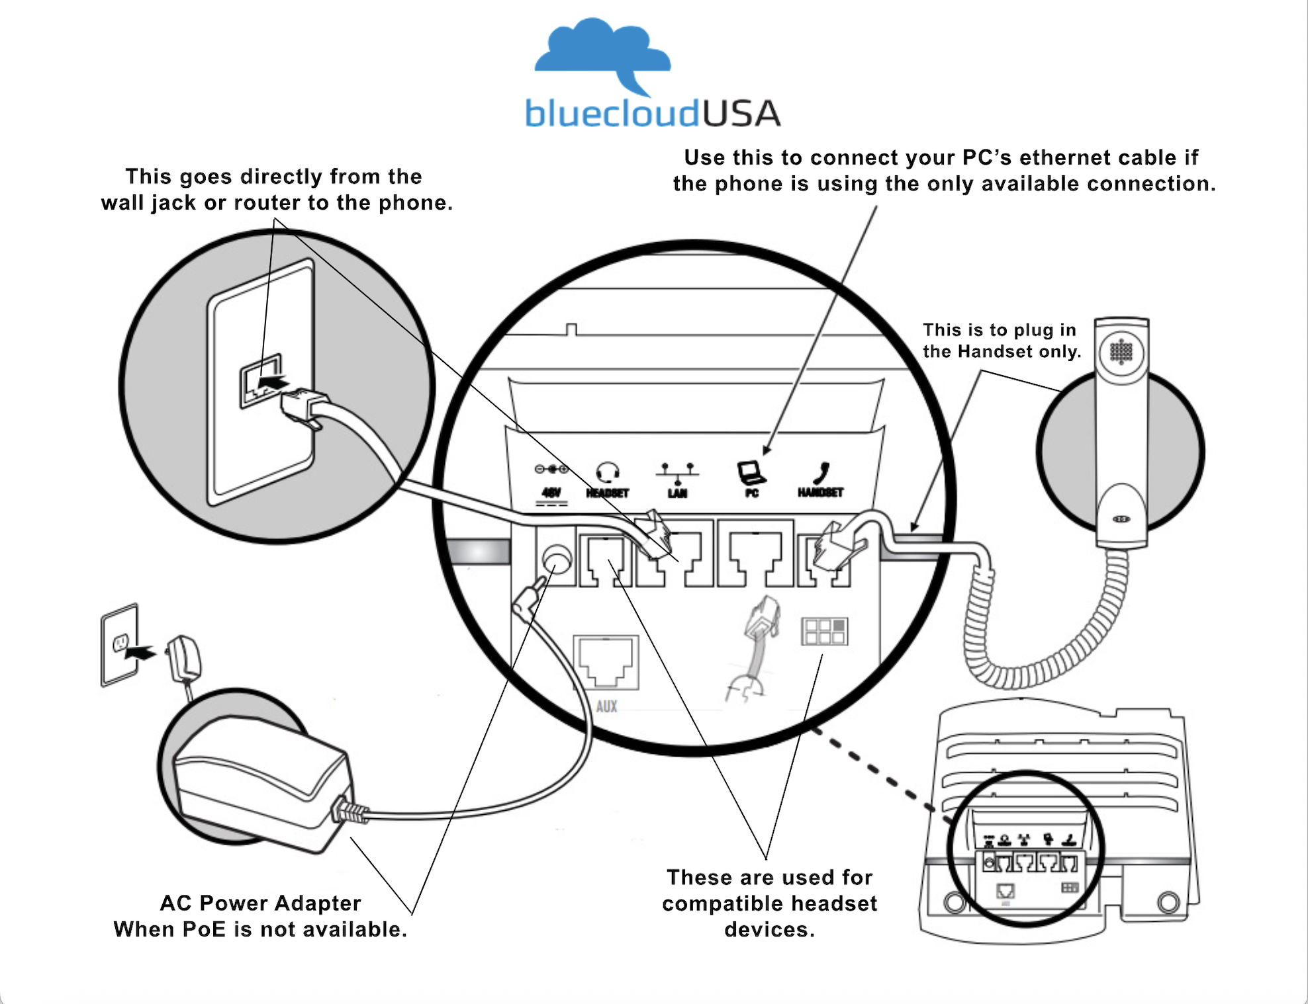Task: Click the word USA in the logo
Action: (x=741, y=114)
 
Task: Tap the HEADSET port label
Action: (x=607, y=493)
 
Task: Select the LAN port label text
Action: (x=677, y=493)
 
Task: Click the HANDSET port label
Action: (x=820, y=493)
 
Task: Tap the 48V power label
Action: (x=551, y=493)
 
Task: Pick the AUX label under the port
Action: (x=606, y=706)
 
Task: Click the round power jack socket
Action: (x=556, y=560)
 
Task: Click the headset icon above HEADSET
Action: (x=607, y=472)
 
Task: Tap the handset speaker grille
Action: (x=1121, y=352)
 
